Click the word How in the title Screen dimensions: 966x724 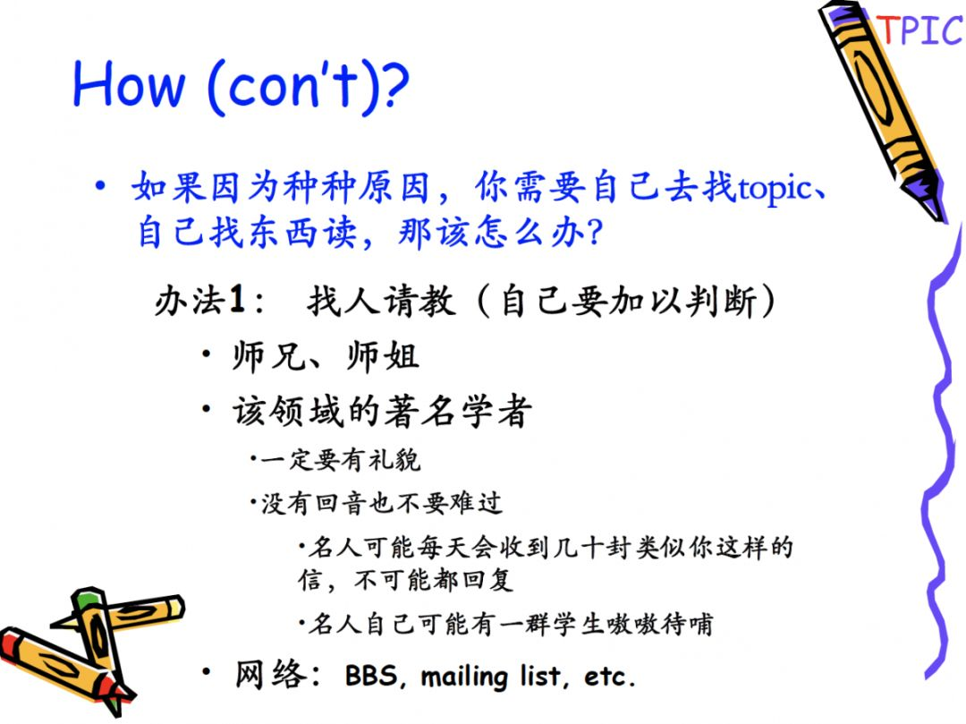pyautogui.click(x=129, y=84)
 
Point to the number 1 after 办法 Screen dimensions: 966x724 pyautogui.click(x=236, y=300)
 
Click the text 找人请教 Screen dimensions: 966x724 pyautogui.click(x=381, y=301)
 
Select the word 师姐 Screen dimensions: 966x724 pyautogui.click(x=383, y=356)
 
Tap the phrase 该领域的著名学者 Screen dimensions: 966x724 pyautogui.click(x=382, y=411)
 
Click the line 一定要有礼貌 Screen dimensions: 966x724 pyautogui.click(x=340, y=460)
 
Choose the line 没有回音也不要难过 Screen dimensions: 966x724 pyautogui.click(x=381, y=503)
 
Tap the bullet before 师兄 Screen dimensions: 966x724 pyautogui.click(x=207, y=354)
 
